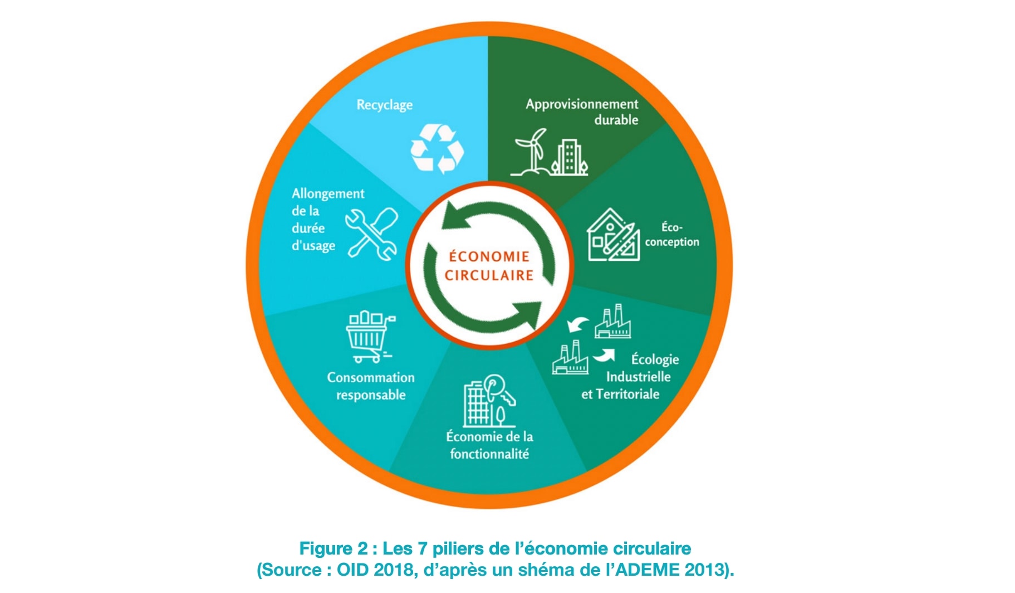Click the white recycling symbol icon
437,148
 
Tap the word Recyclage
385,105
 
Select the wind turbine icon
531,152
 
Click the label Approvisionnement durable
582,111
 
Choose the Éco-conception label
672,235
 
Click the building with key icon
489,400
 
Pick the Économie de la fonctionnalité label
489,445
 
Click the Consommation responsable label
371,386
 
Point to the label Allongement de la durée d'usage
328,220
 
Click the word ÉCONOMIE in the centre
489,256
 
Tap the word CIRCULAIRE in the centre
489,275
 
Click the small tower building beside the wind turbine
569,157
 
